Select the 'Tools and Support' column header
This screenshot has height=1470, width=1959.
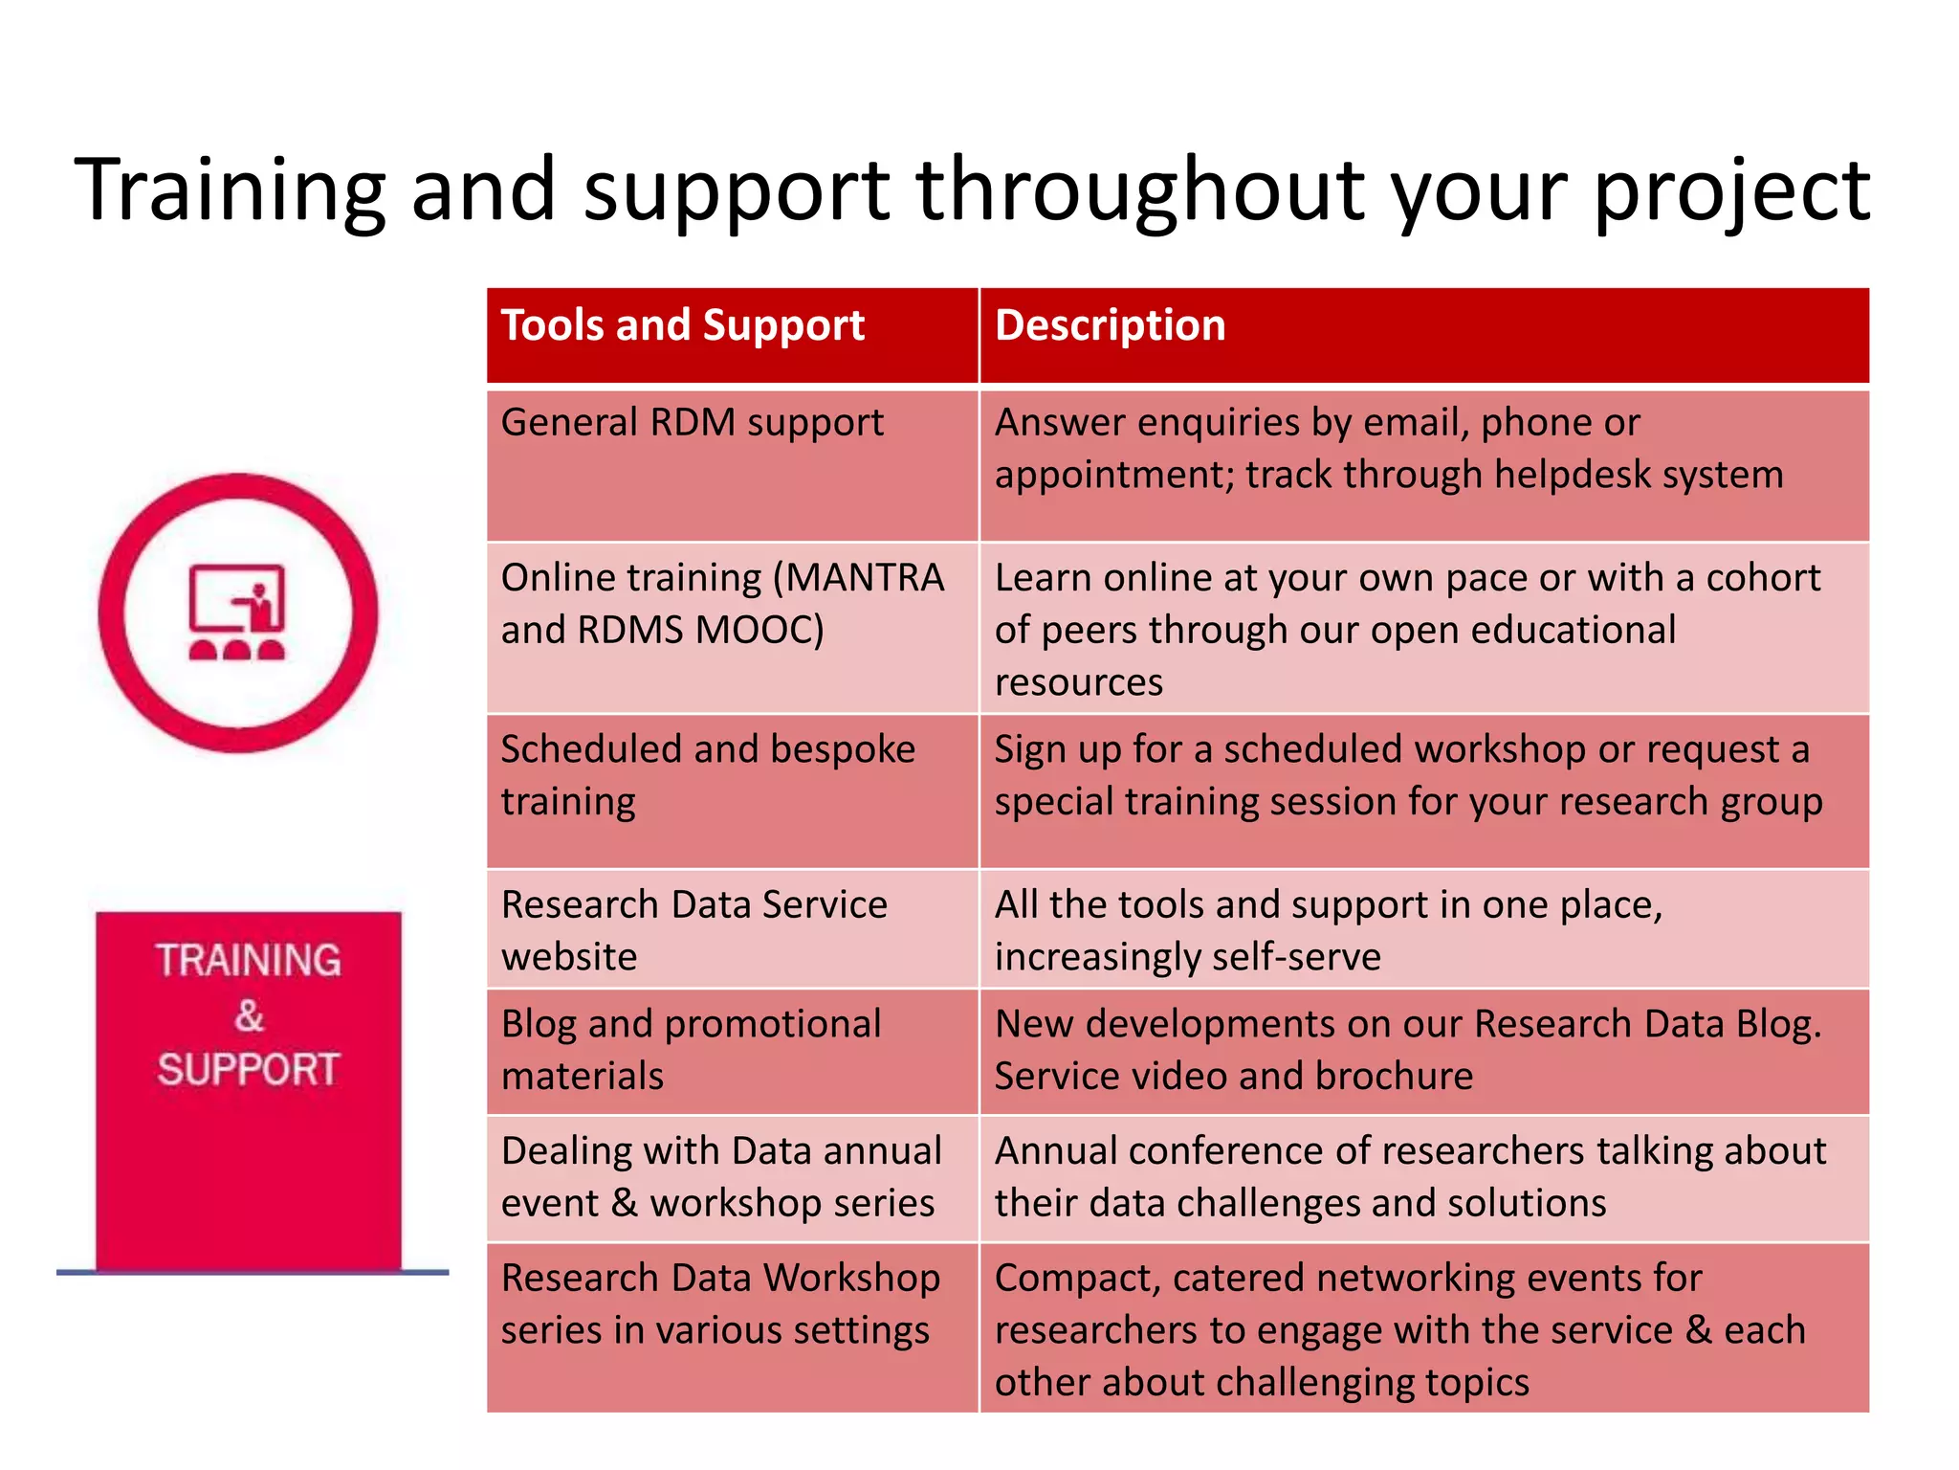[682, 325]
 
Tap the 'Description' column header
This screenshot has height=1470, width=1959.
[1110, 325]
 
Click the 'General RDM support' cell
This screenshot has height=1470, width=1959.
[692, 423]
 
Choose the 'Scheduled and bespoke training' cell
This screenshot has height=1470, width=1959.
[707, 775]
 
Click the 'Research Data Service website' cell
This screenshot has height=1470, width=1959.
[693, 929]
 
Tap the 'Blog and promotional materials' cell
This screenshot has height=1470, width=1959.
[690, 1050]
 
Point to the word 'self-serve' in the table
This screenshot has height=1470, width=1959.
[1283, 957]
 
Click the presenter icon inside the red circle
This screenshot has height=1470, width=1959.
[237, 612]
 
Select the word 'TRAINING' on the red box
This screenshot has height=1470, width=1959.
[249, 960]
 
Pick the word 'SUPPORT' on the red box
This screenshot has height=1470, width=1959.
[249, 1069]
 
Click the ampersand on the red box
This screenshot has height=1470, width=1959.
[249, 1015]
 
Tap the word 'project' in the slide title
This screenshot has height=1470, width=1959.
[1730, 191]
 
